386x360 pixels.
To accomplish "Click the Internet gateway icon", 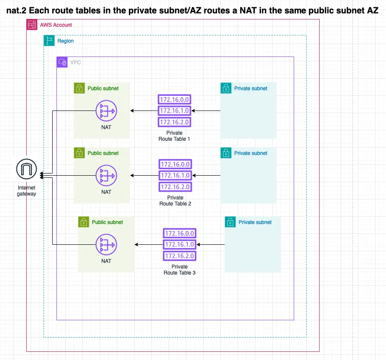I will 27,169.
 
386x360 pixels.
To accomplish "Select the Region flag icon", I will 49,41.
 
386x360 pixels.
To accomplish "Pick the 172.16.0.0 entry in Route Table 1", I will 175,100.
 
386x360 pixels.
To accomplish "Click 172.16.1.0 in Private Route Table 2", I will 175,175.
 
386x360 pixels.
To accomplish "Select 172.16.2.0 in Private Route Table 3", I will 179,256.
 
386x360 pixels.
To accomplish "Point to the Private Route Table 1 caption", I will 174,136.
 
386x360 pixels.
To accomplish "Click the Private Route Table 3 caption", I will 179,270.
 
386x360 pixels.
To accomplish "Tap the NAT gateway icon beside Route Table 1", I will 106,111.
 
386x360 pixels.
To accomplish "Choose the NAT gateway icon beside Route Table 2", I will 106,176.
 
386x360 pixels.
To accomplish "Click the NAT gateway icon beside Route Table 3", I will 106,245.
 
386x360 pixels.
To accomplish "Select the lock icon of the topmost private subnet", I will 226,88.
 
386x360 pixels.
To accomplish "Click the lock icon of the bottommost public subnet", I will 83,222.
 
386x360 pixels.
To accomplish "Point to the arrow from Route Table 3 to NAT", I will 148,245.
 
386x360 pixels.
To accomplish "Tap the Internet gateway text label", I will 27,191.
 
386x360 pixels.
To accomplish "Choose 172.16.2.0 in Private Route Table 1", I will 175,122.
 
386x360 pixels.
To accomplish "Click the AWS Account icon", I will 31,25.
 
